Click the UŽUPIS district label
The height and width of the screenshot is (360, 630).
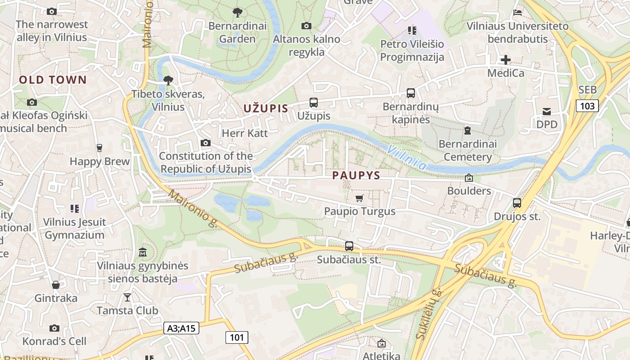point(265,108)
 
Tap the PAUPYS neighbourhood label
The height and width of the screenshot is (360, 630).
point(356,175)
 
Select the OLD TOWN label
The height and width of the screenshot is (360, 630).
point(53,80)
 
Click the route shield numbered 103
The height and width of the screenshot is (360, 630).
point(587,106)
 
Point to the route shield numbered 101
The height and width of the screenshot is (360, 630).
point(237,337)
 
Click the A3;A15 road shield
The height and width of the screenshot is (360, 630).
point(181,328)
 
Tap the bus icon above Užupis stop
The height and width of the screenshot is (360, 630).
point(314,103)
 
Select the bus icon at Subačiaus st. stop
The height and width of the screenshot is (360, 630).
point(349,246)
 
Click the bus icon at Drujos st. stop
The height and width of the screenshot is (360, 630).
point(517,203)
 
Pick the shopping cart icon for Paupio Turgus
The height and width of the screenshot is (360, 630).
point(359,198)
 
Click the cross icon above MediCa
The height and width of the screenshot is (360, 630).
point(506,59)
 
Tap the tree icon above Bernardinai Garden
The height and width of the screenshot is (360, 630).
point(237,13)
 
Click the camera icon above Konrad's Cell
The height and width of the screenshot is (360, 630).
point(54,328)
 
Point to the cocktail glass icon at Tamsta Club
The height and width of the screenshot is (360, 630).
point(127,297)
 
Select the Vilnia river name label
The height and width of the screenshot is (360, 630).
point(407,157)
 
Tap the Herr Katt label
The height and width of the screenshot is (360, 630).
point(245,133)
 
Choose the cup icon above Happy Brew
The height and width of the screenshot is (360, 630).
point(99,148)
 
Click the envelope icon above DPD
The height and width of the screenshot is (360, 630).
point(547,111)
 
